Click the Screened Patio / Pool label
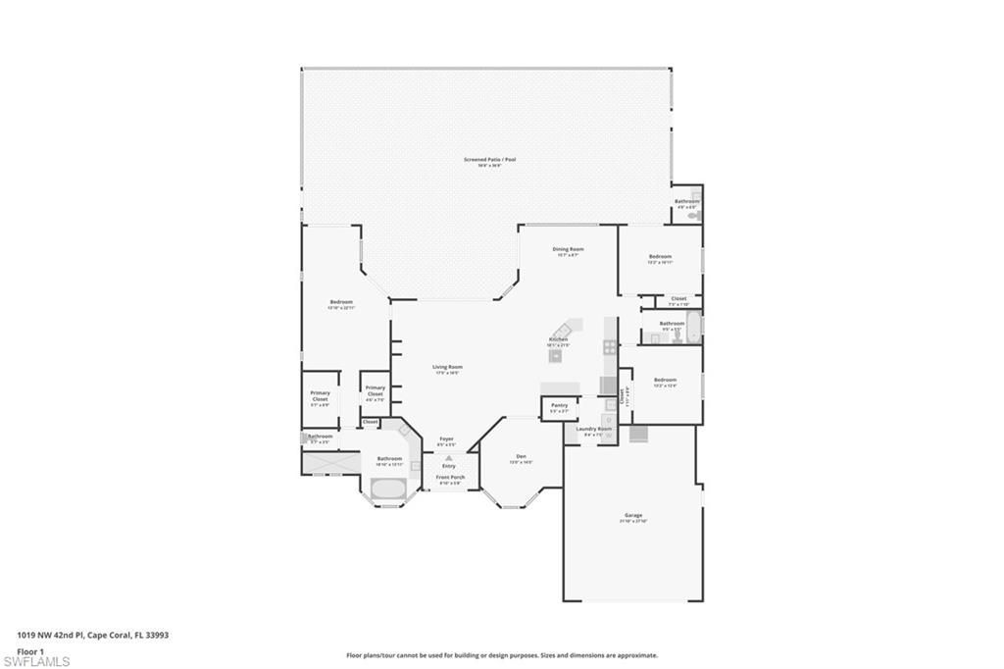489,160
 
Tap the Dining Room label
569,250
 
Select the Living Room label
446,369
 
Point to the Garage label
633,516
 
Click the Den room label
522,457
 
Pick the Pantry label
559,406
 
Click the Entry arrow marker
449,458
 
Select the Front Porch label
450,479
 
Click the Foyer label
446,440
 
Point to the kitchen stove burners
610,346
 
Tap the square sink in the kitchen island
556,355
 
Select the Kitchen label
558,339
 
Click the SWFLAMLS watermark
36,661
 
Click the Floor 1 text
30,650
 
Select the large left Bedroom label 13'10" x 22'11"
341,303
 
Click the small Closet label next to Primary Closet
370,422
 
